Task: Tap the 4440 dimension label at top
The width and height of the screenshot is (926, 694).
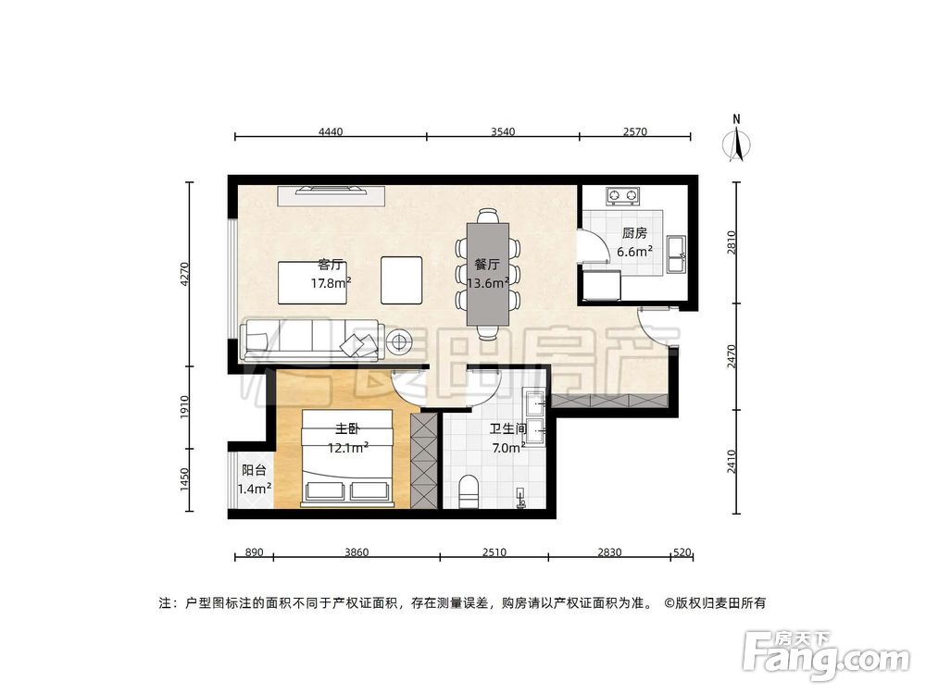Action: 331,132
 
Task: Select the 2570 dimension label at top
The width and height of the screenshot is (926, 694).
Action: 634,132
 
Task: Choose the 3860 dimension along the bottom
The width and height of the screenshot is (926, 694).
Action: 357,552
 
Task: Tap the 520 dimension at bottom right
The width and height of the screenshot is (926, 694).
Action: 682,552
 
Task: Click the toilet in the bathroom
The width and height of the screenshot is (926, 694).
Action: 469,490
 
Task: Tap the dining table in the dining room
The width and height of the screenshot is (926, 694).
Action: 487,272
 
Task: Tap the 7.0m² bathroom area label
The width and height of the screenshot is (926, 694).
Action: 508,448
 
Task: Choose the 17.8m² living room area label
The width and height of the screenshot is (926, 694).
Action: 331,283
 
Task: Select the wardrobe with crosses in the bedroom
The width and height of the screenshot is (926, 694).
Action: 423,460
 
